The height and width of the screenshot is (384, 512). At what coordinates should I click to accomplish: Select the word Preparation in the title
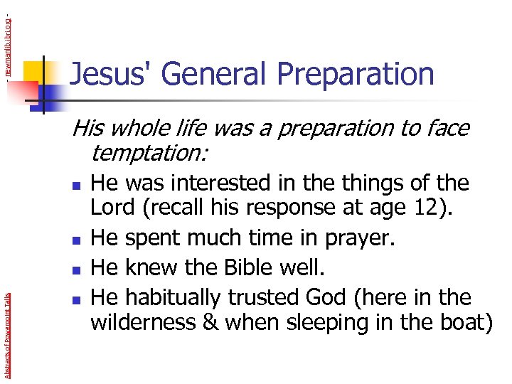355,75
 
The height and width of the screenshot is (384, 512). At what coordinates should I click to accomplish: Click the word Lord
113,208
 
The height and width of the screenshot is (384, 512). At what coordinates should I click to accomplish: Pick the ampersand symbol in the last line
210,322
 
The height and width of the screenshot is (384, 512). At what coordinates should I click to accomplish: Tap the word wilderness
142,322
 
